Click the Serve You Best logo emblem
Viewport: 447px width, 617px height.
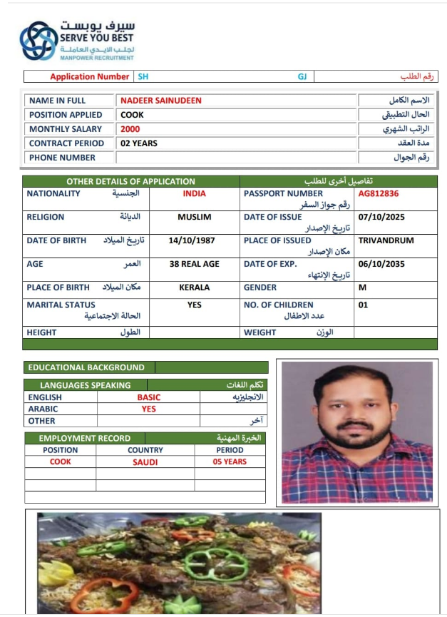tap(38, 41)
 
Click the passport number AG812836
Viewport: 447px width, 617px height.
tap(378, 193)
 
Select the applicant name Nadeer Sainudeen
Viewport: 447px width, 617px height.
tap(160, 101)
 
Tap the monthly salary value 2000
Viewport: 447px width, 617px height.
tap(130, 129)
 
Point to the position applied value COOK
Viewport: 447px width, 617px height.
tap(132, 115)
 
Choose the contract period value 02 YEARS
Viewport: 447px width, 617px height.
tap(139, 143)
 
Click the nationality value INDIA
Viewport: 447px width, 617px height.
tap(194, 193)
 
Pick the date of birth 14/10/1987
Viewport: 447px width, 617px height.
tap(194, 240)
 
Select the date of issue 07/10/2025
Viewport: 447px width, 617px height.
tap(381, 217)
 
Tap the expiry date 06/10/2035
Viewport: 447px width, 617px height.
tap(381, 264)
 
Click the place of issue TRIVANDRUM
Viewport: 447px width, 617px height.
tap(386, 240)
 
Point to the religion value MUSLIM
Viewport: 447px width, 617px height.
tap(194, 217)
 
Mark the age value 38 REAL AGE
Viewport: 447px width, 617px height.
tap(194, 264)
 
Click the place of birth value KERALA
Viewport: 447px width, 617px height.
tap(194, 287)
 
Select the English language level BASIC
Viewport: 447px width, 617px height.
tap(149, 397)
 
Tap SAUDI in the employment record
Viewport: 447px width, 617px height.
tap(145, 462)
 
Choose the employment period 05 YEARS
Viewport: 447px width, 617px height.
tap(230, 462)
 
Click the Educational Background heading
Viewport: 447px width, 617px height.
tap(86, 367)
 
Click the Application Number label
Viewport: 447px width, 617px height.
tap(90, 76)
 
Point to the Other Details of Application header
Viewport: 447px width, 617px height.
tap(130, 181)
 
